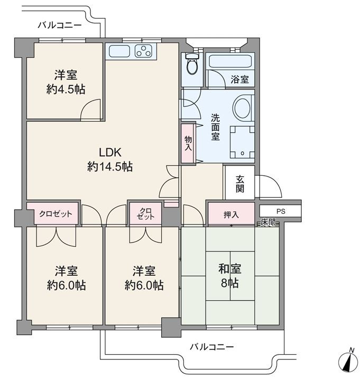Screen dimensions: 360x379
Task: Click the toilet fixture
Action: point(192,64)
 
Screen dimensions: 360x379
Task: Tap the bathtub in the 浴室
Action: point(230,61)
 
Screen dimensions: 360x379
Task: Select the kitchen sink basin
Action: point(119,51)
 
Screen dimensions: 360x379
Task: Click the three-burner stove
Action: point(143,51)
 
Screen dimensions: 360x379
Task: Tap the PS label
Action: point(281,211)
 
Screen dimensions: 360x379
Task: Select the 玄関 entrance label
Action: point(240,184)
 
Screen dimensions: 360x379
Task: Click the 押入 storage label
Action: point(231,214)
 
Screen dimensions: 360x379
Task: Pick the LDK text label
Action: point(110,152)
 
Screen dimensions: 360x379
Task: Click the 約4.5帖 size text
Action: point(66,89)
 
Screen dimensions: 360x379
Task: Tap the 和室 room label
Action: point(230,269)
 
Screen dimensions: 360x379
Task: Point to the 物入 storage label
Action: point(188,143)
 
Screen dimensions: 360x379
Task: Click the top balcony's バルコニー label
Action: point(60,25)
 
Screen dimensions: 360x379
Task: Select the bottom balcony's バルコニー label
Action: point(212,347)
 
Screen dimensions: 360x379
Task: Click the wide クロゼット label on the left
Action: point(56,214)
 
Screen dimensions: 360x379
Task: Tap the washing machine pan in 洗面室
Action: point(243,142)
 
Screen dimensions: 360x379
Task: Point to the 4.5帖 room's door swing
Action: point(90,109)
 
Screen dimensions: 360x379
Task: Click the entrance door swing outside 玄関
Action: point(269,186)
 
